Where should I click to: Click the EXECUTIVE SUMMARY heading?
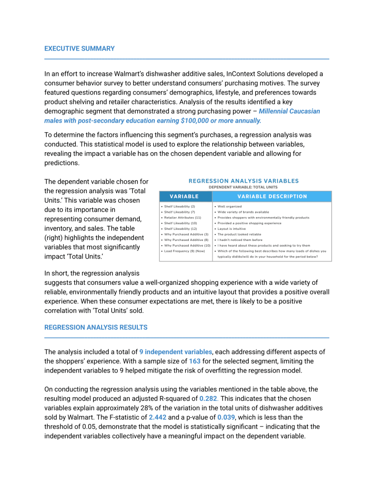(x=79, y=48)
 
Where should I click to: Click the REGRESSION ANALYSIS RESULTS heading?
(x=96, y=327)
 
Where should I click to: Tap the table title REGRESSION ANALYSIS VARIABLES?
(x=244, y=181)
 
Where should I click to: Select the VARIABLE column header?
(x=184, y=196)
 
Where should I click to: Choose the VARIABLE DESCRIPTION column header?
(x=272, y=196)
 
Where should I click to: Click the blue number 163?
(x=194, y=361)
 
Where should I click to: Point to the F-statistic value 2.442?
(x=158, y=417)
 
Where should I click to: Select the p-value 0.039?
(x=227, y=417)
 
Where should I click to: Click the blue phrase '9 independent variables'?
(x=175, y=352)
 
